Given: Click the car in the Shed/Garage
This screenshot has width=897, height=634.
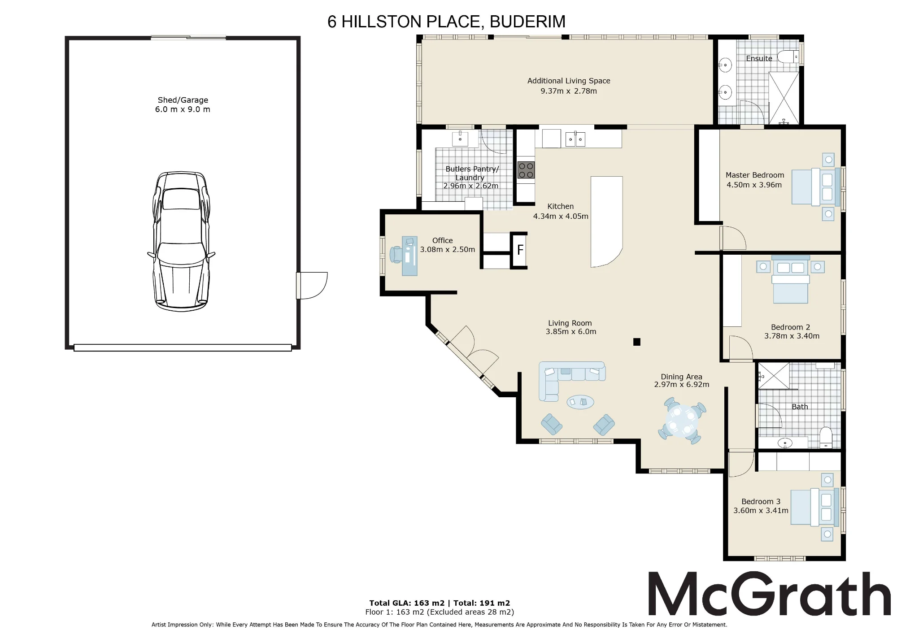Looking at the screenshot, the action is coord(182,241).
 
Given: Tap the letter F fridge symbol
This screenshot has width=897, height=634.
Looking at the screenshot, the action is coord(520,250).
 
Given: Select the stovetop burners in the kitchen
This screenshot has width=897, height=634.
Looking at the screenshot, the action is coord(526,170).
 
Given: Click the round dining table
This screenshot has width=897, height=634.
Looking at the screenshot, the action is coord(682,421).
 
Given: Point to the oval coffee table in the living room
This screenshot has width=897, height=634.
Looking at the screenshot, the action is coord(580,402).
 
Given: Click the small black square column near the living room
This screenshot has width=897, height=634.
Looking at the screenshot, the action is coord(636,342).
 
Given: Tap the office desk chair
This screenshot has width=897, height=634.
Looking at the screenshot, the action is coord(396,254).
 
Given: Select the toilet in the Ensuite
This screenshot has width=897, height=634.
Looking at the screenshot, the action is coord(788,57).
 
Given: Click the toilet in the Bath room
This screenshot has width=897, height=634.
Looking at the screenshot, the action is coord(826,437).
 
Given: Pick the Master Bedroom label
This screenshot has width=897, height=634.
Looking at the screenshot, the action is coord(755,175).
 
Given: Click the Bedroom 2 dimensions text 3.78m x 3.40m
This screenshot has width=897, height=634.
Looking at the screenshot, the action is coord(792,336).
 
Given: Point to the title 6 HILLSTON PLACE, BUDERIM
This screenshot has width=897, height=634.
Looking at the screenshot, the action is coord(446,22).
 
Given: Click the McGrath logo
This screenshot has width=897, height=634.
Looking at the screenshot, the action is coord(770,594).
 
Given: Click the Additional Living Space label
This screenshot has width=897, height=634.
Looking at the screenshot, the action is coord(569,81).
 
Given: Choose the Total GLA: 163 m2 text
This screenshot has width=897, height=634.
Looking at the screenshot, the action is coord(407,603).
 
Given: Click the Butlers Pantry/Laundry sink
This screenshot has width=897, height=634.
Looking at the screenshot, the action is coord(460,139).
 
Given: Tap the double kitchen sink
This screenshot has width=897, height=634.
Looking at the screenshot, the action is coord(575,139).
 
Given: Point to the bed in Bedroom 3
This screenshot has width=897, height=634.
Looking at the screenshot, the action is coord(814,507).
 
